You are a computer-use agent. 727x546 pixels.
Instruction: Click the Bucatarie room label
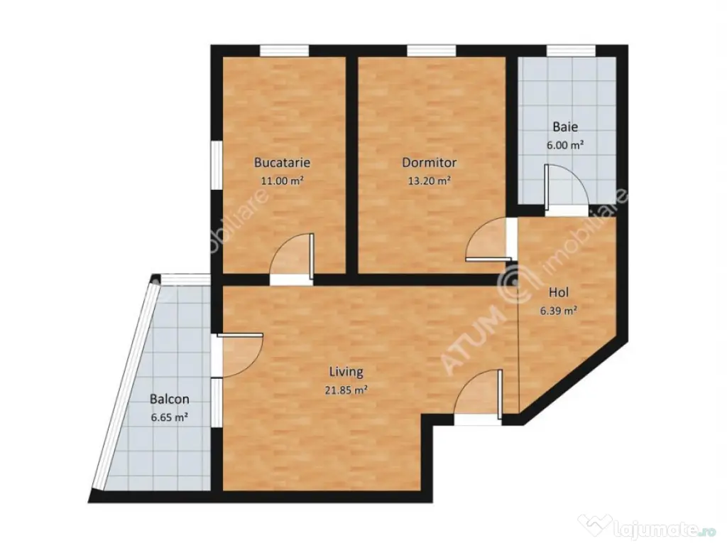tap(282, 162)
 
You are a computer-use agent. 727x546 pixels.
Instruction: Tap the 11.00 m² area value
tap(282, 181)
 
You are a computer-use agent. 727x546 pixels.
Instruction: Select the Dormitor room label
tap(429, 162)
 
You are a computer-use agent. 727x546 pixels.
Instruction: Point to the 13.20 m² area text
tap(429, 181)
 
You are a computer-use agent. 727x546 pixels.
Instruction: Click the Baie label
tap(565, 128)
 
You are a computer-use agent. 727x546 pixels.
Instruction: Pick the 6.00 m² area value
tap(565, 145)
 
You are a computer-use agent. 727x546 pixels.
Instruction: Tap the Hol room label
tap(559, 291)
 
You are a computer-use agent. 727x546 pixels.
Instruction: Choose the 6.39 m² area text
tap(558, 310)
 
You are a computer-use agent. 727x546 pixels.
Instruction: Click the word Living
tap(346, 371)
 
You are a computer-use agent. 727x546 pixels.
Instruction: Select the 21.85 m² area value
tap(346, 390)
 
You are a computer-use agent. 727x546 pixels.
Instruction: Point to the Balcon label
tap(169, 400)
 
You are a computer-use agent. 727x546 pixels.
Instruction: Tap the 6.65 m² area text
tap(169, 418)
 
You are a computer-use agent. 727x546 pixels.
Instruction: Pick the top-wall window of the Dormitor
tap(430, 50)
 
